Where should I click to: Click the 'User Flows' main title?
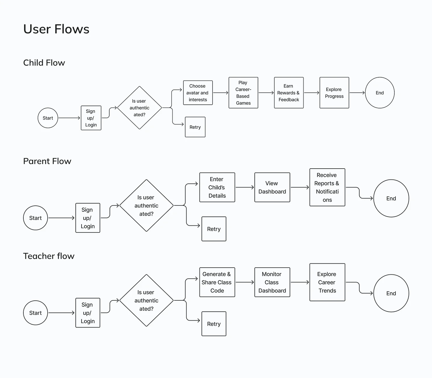[56, 29]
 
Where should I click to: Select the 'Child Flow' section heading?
[44, 63]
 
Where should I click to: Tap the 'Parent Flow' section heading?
[47, 161]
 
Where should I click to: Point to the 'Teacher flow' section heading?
[49, 256]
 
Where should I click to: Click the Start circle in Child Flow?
[48, 118]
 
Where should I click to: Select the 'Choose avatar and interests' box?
[198, 93]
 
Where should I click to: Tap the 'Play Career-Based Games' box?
[243, 93]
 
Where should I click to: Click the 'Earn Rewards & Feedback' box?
[288, 93]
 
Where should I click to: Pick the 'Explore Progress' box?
[334, 93]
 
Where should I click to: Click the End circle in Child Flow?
[379, 93]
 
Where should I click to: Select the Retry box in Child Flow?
[195, 127]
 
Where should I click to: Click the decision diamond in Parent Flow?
[146, 205]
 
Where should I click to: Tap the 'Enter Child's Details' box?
[217, 187]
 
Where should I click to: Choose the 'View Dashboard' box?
[272, 187]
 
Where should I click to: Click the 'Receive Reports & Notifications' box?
[327, 187]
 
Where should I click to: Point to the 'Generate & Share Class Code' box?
[217, 282]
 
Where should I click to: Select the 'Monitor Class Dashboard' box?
[272, 282]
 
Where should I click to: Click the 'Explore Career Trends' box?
[327, 282]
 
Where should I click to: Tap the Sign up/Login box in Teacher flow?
[88, 313]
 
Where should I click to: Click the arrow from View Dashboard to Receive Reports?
[300, 187]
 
